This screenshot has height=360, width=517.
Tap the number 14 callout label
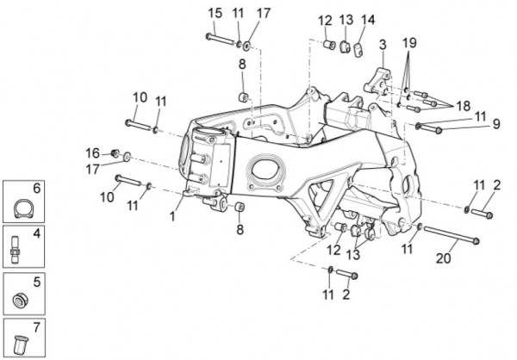coord(368,20)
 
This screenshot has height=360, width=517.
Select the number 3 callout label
coord(382,43)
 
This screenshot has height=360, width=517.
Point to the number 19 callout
coord(409,42)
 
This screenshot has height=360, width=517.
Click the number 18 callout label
coord(463,105)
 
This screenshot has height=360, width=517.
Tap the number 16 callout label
coord(92,152)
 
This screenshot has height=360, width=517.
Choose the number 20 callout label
coord(443,257)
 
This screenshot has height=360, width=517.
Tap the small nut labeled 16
coord(113,153)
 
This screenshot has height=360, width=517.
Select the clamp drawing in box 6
coord(23,208)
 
